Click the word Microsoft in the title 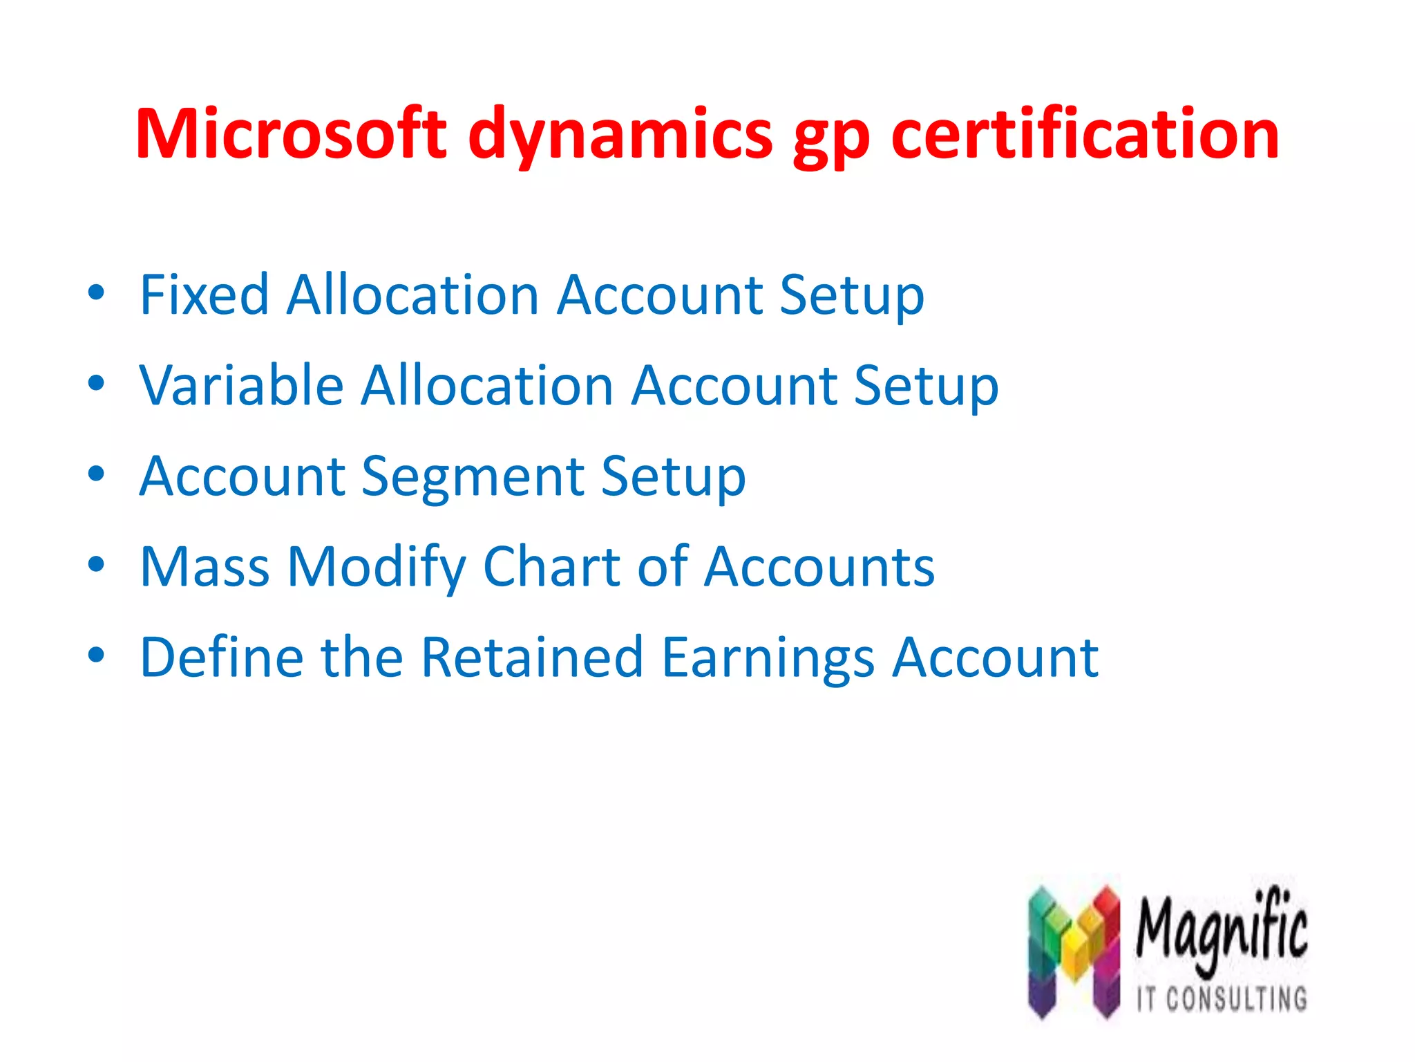point(291,134)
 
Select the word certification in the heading point(1085,134)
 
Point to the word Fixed point(205,295)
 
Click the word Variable point(241,386)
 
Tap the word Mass point(205,567)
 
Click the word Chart point(551,567)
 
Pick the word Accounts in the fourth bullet point(819,567)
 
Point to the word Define point(222,657)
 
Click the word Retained point(532,657)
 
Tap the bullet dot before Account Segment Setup point(96,474)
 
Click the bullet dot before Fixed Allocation point(96,293)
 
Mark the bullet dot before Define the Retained point(96,655)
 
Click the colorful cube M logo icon point(1074,951)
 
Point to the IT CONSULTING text point(1222,999)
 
